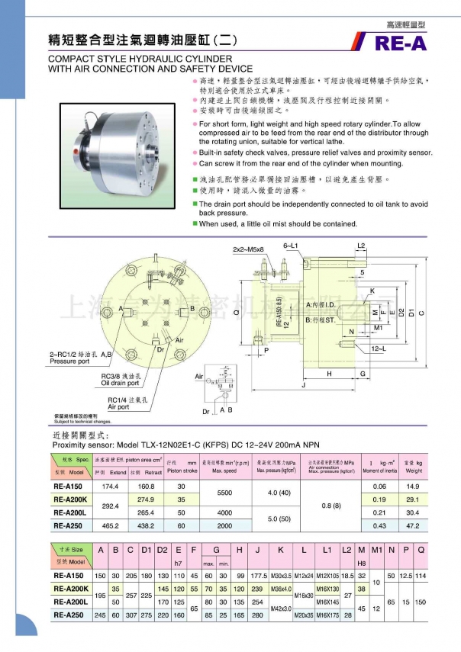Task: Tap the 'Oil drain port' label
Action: (x=121, y=383)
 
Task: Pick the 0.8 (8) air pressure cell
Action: (x=333, y=504)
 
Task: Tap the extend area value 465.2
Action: (x=111, y=525)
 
